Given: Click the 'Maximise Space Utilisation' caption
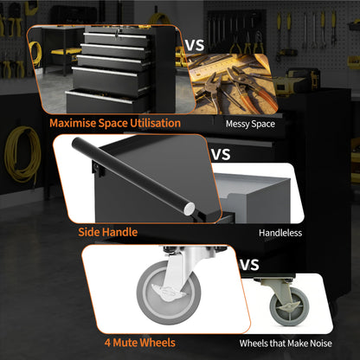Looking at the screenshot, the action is [x=115, y=123].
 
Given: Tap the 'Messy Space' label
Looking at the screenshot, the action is [x=250, y=124].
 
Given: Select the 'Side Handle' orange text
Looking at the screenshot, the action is [x=108, y=232].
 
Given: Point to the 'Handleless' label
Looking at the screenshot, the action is [x=280, y=233].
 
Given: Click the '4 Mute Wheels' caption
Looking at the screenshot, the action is [x=140, y=343].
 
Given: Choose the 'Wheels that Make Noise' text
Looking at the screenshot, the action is [x=286, y=344].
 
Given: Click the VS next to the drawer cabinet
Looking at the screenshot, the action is [x=195, y=45].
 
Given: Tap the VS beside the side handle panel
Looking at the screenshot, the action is [x=221, y=155].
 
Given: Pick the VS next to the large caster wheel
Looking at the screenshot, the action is [x=249, y=265].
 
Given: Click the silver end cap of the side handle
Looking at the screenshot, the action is [x=190, y=209].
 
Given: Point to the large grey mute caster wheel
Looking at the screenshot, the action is [x=169, y=292].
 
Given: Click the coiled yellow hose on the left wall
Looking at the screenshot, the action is [x=22, y=154].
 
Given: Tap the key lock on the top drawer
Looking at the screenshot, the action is [x=117, y=34].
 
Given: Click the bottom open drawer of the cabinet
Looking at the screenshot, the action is [x=107, y=102].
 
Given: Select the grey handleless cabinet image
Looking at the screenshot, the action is [x=255, y=197].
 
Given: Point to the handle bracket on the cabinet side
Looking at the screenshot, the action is [x=98, y=169].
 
